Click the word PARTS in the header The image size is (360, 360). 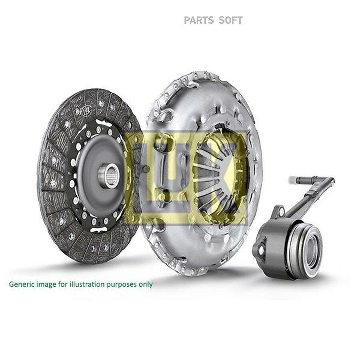[x=199, y=20]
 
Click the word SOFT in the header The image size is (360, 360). [x=230, y=20]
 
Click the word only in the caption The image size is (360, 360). [x=146, y=285]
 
